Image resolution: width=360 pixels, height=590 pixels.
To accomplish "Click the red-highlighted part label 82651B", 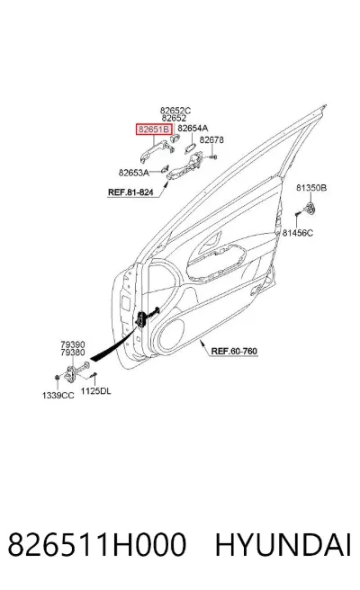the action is (x=154, y=130).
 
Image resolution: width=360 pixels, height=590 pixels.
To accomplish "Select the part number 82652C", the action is (x=175, y=111).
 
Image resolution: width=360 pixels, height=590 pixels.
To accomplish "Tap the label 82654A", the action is (x=193, y=129).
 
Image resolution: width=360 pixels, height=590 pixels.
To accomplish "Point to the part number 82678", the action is (x=211, y=139).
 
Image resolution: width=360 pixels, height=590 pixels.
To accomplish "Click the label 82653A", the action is (x=134, y=173).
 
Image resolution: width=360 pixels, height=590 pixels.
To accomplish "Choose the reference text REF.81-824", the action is (x=130, y=192).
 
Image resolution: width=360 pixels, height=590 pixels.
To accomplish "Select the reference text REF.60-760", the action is (x=234, y=352).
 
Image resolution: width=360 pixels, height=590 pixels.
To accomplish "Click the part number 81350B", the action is (x=311, y=187).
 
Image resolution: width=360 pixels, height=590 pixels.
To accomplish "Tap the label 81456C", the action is (x=298, y=233).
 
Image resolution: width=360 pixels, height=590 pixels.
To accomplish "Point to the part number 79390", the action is (x=73, y=344).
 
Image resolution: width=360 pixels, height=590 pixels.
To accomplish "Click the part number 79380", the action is (x=73, y=353).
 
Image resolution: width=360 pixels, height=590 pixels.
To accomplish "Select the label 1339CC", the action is (x=58, y=395).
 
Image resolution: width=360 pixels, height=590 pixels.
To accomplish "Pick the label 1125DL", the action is (x=95, y=391).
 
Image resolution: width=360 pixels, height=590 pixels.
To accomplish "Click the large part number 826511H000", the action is (x=97, y=544).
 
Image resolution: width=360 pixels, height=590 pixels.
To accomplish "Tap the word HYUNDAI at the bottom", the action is (x=283, y=544).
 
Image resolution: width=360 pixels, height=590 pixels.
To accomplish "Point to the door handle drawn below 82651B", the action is (x=156, y=151).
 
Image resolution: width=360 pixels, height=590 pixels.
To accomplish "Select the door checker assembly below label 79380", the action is (x=76, y=371).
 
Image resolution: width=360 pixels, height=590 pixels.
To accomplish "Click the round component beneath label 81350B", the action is (x=310, y=208).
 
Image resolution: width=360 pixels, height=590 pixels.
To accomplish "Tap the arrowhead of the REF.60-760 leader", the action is (x=201, y=341).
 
